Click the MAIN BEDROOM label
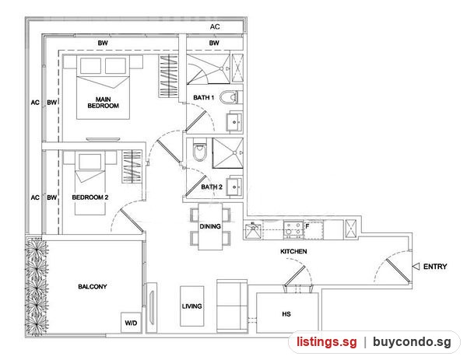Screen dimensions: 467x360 (x=103, y=103)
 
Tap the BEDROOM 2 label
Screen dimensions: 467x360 (x=90, y=197)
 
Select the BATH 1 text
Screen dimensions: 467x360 (x=204, y=97)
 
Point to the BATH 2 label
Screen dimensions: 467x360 (x=212, y=187)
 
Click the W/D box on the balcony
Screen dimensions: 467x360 (x=131, y=323)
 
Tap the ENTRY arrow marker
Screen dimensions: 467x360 (x=416, y=266)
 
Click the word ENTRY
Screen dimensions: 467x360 (x=435, y=266)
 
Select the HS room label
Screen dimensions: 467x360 (x=286, y=314)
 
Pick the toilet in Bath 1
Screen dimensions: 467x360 (x=230, y=97)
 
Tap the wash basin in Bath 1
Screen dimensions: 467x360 (x=235, y=121)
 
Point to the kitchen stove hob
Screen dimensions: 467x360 (x=293, y=229)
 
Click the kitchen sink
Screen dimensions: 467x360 (x=253, y=231)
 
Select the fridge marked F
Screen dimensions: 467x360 (x=314, y=230)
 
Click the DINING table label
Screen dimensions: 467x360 (x=210, y=226)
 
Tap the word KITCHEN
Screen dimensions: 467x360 (x=293, y=251)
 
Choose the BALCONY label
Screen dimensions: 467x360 (x=93, y=286)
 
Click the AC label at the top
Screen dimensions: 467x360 (x=215, y=26)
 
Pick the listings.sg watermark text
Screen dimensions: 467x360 (x=326, y=341)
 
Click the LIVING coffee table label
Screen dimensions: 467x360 (x=191, y=306)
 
